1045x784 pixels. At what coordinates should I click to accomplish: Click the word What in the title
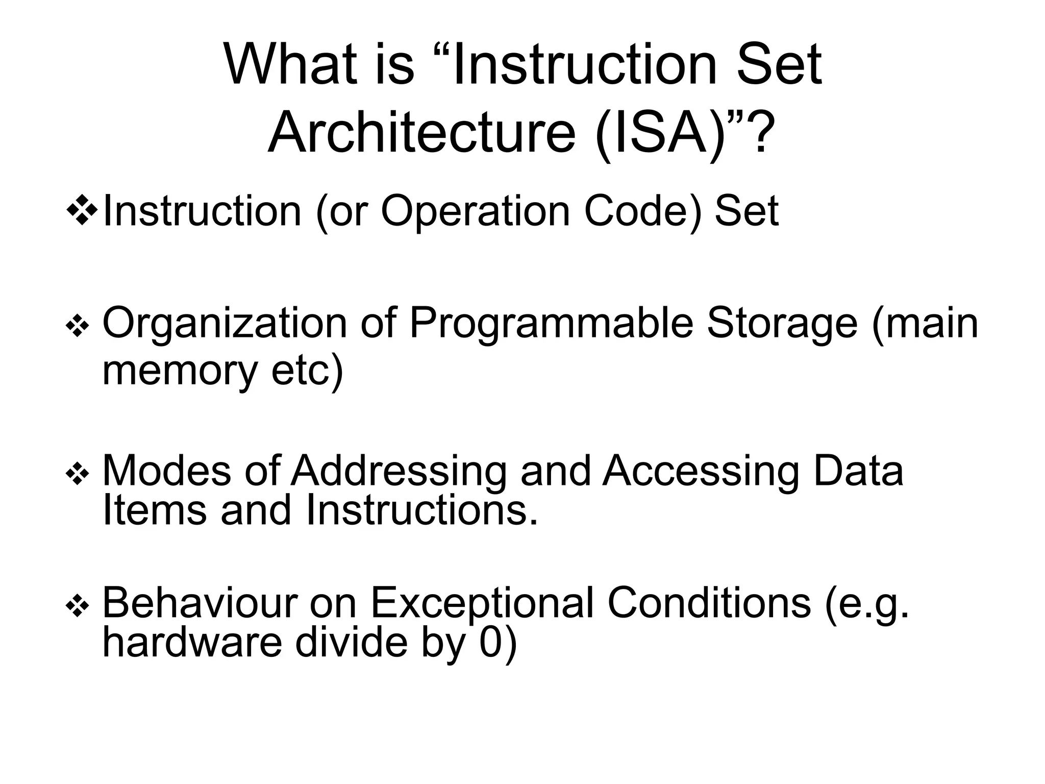[288, 65]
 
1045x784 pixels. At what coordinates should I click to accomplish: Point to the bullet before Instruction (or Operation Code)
[82, 210]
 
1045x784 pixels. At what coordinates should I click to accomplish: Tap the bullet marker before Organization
[78, 328]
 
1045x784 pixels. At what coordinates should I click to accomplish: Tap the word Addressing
[399, 472]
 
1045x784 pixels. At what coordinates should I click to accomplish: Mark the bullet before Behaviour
[78, 607]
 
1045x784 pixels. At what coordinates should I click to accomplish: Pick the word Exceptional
[482, 604]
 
